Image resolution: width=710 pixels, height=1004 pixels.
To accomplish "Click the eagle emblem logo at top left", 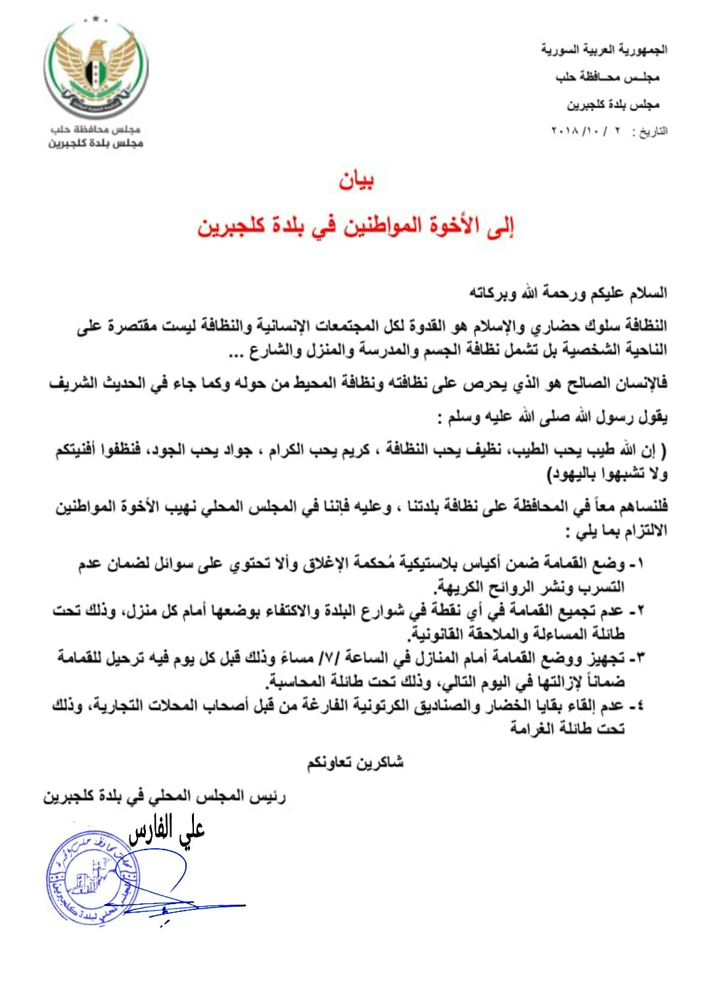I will [x=96, y=70].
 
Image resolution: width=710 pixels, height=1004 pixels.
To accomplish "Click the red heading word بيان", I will [x=356, y=180].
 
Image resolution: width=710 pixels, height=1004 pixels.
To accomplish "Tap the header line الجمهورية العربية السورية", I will [x=603, y=49].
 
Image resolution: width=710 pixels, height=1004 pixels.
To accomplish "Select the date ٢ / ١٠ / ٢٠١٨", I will [x=588, y=131].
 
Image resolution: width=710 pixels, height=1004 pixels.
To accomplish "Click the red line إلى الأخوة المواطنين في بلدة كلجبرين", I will [x=356, y=226].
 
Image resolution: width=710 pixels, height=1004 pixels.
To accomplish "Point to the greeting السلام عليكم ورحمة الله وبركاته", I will [x=568, y=293].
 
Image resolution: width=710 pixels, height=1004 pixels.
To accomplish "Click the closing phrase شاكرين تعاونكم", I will [x=355, y=763].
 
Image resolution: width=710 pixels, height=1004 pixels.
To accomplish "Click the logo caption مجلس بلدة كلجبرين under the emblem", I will [x=95, y=143].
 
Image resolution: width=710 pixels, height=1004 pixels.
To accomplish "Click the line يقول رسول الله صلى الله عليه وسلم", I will [x=554, y=417].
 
